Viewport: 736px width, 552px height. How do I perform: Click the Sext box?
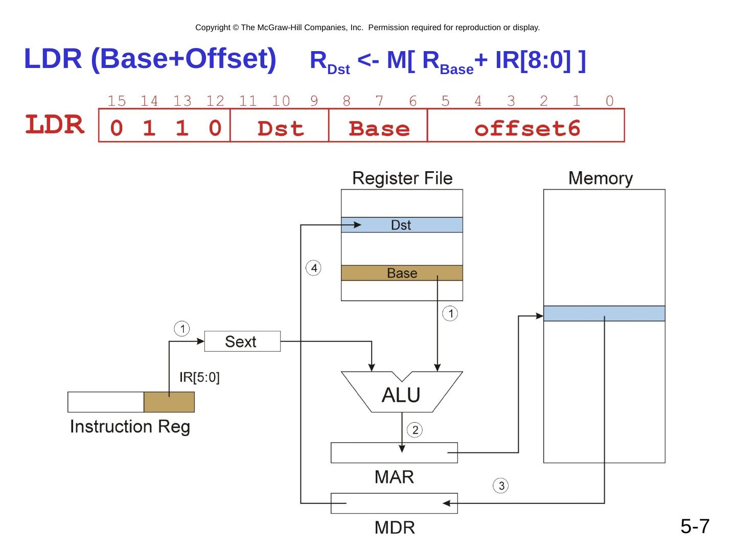tap(242, 341)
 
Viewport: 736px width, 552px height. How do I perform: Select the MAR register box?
tap(394, 453)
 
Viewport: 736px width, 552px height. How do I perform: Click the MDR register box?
tap(394, 503)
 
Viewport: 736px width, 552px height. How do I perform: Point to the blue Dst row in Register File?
tap(402, 225)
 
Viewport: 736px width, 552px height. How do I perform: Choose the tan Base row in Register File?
tap(402, 273)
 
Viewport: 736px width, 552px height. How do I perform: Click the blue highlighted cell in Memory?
tap(604, 313)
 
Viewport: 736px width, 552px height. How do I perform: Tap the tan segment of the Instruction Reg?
tap(169, 402)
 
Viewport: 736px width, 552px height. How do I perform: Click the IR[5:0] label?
tap(199, 378)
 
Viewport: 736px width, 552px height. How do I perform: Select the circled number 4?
tap(314, 268)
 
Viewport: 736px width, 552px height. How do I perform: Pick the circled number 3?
tap(501, 486)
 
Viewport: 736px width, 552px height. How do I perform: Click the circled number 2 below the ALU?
tap(415, 430)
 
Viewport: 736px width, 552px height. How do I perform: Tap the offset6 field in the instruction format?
tap(526, 128)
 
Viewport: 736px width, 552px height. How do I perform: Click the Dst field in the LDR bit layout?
tap(280, 128)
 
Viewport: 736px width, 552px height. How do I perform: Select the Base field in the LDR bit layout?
tap(379, 128)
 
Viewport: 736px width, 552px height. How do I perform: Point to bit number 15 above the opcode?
tap(117, 101)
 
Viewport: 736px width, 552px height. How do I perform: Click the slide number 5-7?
tap(695, 526)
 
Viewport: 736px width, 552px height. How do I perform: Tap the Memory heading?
tap(601, 178)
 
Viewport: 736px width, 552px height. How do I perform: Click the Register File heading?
tap(402, 178)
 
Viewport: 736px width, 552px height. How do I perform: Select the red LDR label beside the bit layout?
tap(55, 125)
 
